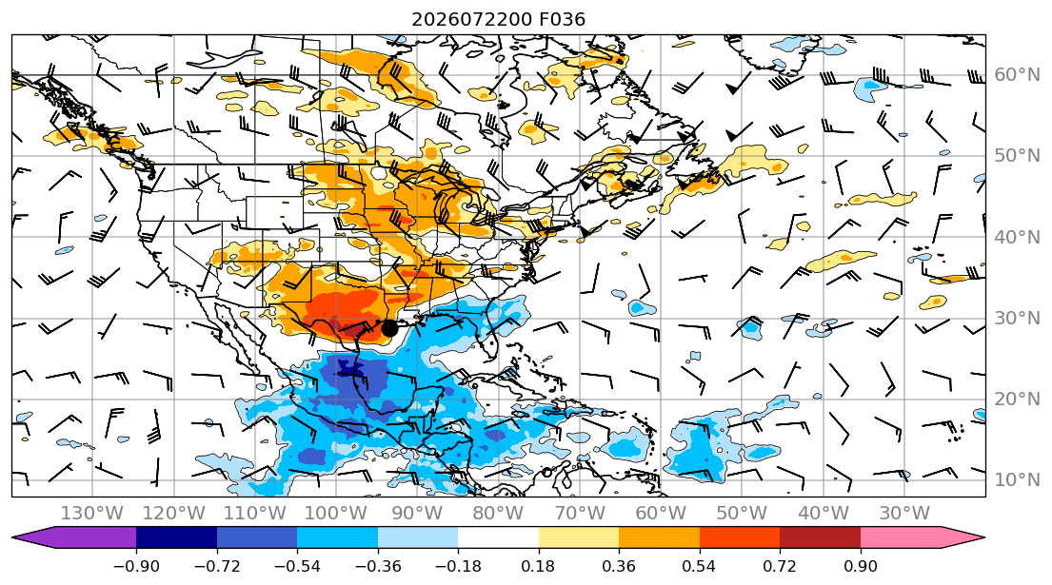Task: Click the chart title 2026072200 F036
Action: click(x=498, y=19)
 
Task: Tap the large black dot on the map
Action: click(x=389, y=328)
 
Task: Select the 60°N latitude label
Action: click(x=1017, y=74)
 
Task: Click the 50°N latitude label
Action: click(x=1017, y=155)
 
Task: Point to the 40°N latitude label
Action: click(x=1017, y=237)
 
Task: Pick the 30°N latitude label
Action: click(x=1017, y=318)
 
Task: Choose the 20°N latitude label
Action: click(x=1017, y=399)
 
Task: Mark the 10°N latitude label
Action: click(x=1017, y=479)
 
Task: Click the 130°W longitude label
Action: click(x=92, y=514)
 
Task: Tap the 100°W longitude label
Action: click(x=335, y=514)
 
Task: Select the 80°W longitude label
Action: click(x=498, y=514)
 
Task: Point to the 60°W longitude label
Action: click(x=660, y=514)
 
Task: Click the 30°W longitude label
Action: click(x=903, y=514)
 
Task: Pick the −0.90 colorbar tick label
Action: click(x=136, y=566)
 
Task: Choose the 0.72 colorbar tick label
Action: click(x=780, y=566)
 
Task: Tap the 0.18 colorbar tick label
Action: click(x=538, y=566)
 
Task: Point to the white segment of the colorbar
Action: click(x=498, y=537)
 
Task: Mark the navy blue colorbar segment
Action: click(x=176, y=537)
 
